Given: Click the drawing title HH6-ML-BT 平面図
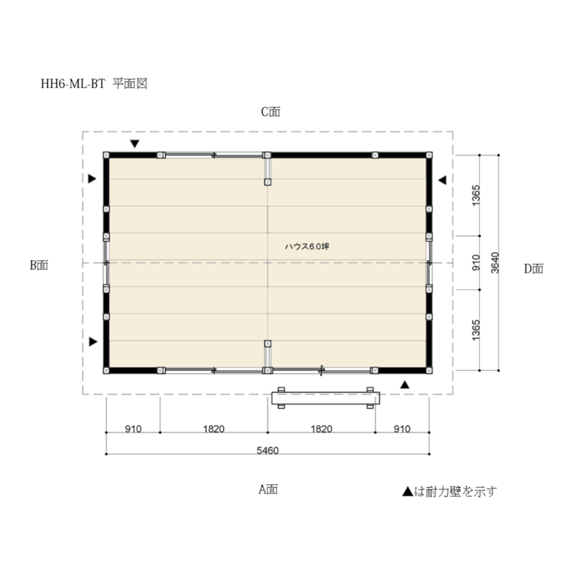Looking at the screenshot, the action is [94, 84].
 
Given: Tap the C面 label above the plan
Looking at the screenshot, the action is [271, 112].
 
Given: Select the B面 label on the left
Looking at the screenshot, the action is [39, 265].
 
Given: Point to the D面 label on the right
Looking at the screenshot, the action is [534, 269].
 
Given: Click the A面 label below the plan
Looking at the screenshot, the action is [268, 489].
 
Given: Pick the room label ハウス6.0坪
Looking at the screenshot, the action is [307, 246].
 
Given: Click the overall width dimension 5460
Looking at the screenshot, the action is [267, 451].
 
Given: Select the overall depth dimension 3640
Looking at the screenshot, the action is [495, 262].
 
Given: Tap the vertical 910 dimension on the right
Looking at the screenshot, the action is [476, 262].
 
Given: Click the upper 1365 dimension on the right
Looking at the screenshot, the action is [476, 196].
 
